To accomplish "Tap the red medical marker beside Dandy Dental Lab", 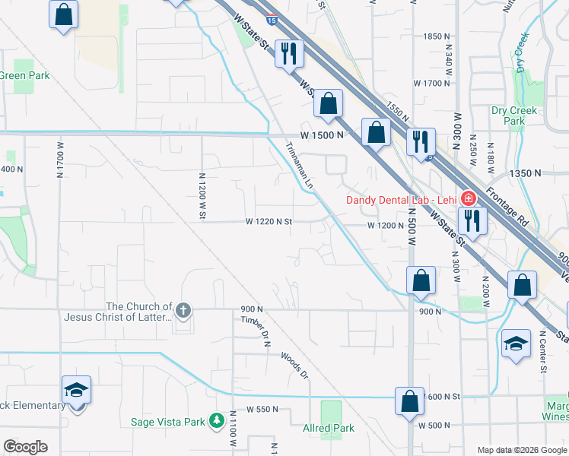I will pyautogui.click(x=466, y=199).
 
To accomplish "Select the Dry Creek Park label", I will pyautogui.click(x=514, y=116).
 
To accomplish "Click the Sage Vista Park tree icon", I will pyautogui.click(x=217, y=420).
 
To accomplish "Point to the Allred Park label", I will pyautogui.click(x=329, y=428).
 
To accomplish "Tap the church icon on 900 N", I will pyautogui.click(x=183, y=310).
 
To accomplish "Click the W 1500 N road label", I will pyautogui.click(x=323, y=135).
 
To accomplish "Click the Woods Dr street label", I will pyautogui.click(x=294, y=365).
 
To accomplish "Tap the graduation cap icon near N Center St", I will pyautogui.click(x=516, y=344).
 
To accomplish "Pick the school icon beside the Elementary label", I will pyautogui.click(x=77, y=389).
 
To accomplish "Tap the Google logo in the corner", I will pyautogui.click(x=25, y=447).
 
